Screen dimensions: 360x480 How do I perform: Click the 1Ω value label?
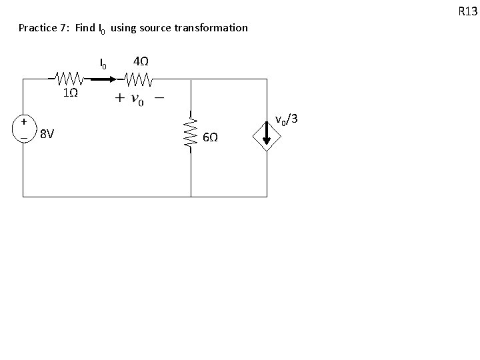point(70,93)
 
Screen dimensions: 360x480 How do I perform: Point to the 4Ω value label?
point(141,61)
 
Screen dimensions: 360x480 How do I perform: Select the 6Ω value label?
point(210,137)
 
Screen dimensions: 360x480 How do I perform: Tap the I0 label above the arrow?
point(103,64)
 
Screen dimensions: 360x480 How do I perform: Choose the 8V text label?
point(46,134)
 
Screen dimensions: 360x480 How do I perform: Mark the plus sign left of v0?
point(119,99)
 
